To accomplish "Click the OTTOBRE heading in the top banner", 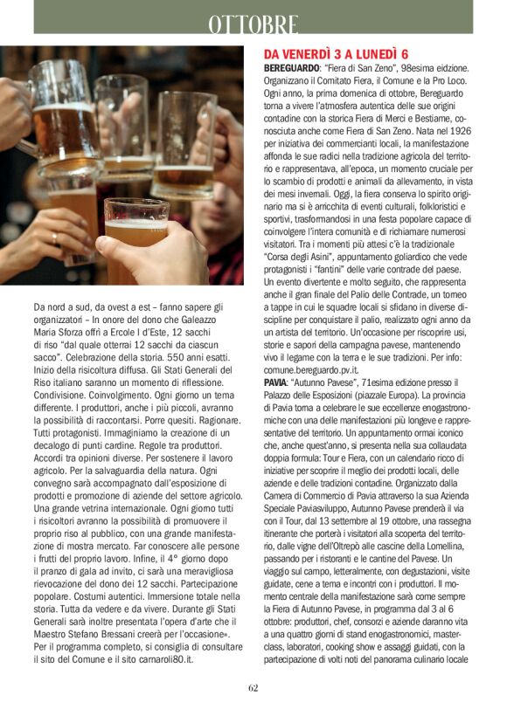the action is [x=253, y=24].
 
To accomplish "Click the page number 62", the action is [x=253, y=687].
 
